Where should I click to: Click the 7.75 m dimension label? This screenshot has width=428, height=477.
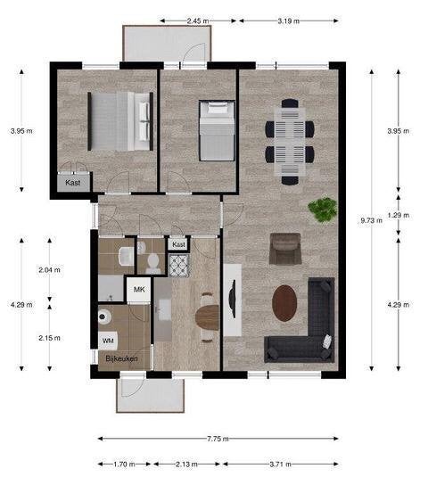pyautogui.click(x=218, y=439)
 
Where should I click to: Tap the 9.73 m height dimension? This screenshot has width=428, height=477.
pyautogui.click(x=372, y=220)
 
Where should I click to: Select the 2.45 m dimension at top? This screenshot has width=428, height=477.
pyautogui.click(x=198, y=21)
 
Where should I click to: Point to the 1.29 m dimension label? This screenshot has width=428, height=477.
pyautogui.click(x=399, y=215)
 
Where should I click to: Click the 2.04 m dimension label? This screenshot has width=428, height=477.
pyautogui.click(x=49, y=269)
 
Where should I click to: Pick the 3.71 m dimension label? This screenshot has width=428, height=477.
pyautogui.click(x=281, y=465)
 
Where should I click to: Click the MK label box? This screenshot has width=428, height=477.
pyautogui.click(x=139, y=289)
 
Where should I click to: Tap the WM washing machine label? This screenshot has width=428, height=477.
pyautogui.click(x=108, y=341)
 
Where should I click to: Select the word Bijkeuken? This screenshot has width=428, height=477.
pyautogui.click(x=121, y=358)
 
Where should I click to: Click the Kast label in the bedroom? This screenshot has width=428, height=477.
pyautogui.click(x=73, y=183)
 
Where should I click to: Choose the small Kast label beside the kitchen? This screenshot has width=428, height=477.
pyautogui.click(x=178, y=244)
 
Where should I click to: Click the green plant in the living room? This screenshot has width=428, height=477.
pyautogui.click(x=323, y=210)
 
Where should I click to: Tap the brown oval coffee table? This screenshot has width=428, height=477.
pyautogui.click(x=284, y=303)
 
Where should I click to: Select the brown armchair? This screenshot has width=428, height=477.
pyautogui.click(x=285, y=249)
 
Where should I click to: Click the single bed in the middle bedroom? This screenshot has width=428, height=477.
pyautogui.click(x=217, y=130)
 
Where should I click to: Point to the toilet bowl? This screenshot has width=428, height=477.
pyautogui.click(x=153, y=262)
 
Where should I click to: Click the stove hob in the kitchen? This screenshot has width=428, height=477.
pyautogui.click(x=179, y=266)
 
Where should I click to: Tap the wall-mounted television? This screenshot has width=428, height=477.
pyautogui.click(x=233, y=299)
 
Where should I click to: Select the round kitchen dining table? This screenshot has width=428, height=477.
pyautogui.click(x=208, y=317)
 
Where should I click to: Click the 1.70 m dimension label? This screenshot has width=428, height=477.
pyautogui.click(x=125, y=465)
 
